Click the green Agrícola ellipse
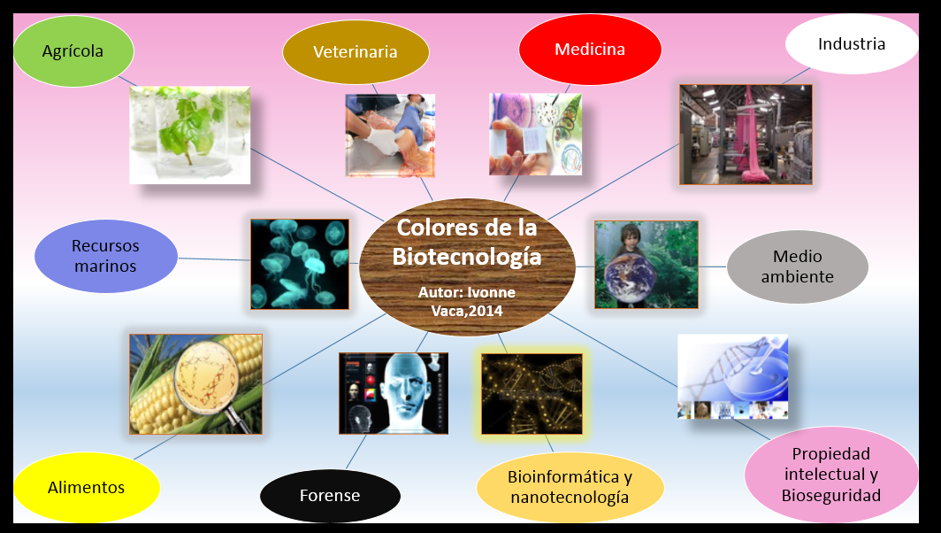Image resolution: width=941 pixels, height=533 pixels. coord(73,50)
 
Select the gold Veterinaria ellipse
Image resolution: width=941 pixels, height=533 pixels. coord(356,51)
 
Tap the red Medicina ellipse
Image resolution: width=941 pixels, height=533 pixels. coord(590,49)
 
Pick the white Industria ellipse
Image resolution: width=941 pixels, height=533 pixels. coord(851,43)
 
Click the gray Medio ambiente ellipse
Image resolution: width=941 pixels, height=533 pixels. coord(797,266)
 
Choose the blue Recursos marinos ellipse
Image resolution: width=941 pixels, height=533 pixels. coord(105,255)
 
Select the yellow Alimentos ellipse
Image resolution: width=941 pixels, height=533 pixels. coord(87,487)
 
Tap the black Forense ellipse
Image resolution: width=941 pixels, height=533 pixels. coord(330,495)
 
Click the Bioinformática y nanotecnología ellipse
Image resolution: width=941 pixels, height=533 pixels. coord(570,487)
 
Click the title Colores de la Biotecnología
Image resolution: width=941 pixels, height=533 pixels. coord(467,242)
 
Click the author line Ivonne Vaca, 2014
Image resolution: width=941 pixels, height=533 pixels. coord(467,301)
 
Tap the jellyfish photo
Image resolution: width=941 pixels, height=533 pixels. coord(299,264)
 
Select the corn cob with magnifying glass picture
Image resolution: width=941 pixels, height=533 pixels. coord(195,383)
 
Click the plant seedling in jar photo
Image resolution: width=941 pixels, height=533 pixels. coord(190,135)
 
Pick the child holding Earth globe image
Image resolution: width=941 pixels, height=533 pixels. coord(646,264)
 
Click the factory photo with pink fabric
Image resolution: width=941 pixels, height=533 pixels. coord(746,135)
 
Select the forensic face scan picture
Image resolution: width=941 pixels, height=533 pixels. coord(394,393)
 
